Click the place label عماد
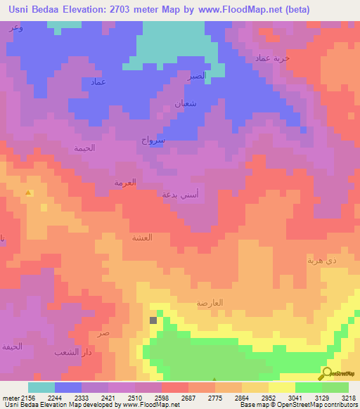point(98,82)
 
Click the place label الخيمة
point(85,148)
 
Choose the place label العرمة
point(125,182)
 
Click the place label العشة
point(142,237)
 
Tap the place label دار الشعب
point(73,351)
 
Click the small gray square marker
point(153,320)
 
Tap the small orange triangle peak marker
point(28,193)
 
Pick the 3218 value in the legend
point(348,398)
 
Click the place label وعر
point(15,27)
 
